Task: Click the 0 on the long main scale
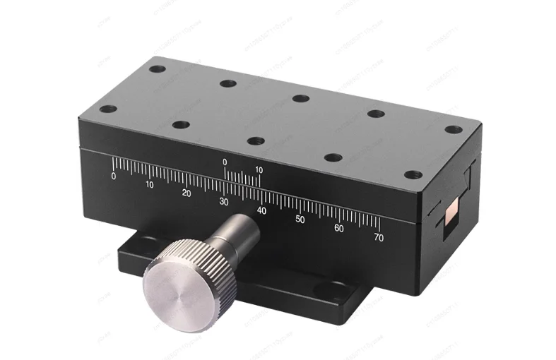click(114, 176)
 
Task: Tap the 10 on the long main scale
click(150, 185)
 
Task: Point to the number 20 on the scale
click(187, 193)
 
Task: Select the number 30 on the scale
click(224, 202)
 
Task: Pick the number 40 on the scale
click(261, 210)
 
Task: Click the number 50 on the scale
click(300, 220)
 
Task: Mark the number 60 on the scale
click(339, 229)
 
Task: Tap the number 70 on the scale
click(379, 238)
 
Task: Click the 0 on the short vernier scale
click(225, 162)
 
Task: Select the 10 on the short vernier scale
click(259, 170)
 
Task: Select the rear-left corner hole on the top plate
click(158, 69)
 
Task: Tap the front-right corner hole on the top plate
click(413, 174)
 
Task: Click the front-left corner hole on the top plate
click(107, 109)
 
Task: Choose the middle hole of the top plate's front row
click(256, 141)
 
